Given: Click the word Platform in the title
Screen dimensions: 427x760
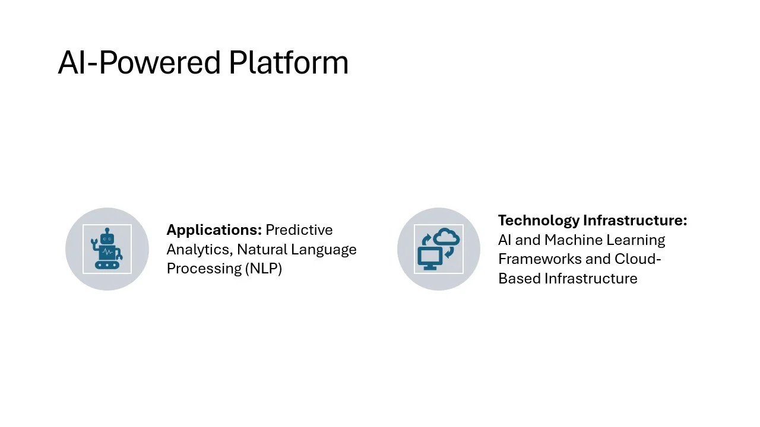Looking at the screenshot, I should [289, 63].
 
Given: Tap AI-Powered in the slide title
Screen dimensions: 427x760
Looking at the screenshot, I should [140, 63].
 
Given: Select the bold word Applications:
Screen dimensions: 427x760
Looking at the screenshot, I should [214, 230].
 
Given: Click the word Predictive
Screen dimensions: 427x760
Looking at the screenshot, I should [299, 230].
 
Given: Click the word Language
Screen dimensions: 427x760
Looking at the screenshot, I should [324, 249].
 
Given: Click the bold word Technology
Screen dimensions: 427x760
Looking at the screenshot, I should [539, 221].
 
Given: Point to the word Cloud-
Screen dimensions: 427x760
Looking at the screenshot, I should [638, 259].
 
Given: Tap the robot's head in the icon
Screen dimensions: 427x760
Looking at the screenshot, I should [107, 237].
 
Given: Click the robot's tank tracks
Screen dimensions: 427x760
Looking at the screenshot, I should [107, 265].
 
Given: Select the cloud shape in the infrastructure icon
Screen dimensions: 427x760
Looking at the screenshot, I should [446, 237].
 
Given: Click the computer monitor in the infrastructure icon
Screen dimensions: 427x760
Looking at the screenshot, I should [430, 257].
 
